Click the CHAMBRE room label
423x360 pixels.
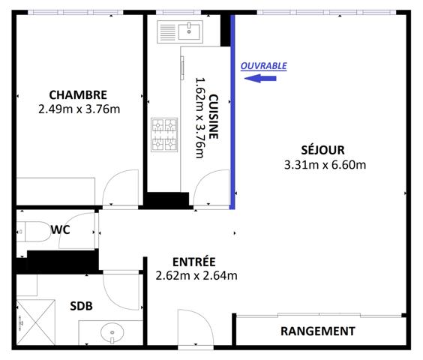[x=78, y=95]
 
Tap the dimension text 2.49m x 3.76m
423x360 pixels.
[x=79, y=109]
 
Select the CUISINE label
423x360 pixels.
[x=214, y=117]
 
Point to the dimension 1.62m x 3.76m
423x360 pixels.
[x=199, y=117]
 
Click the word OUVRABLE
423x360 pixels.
[x=263, y=66]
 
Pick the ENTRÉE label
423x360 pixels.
[x=193, y=262]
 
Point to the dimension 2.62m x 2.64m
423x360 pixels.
[x=196, y=275]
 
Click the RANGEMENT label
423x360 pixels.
[x=317, y=331]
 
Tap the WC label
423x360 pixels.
[x=61, y=229]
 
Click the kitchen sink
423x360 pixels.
[x=180, y=31]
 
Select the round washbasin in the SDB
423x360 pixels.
[x=112, y=330]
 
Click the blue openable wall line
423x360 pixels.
[x=232, y=112]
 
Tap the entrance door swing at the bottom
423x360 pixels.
[x=190, y=327]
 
